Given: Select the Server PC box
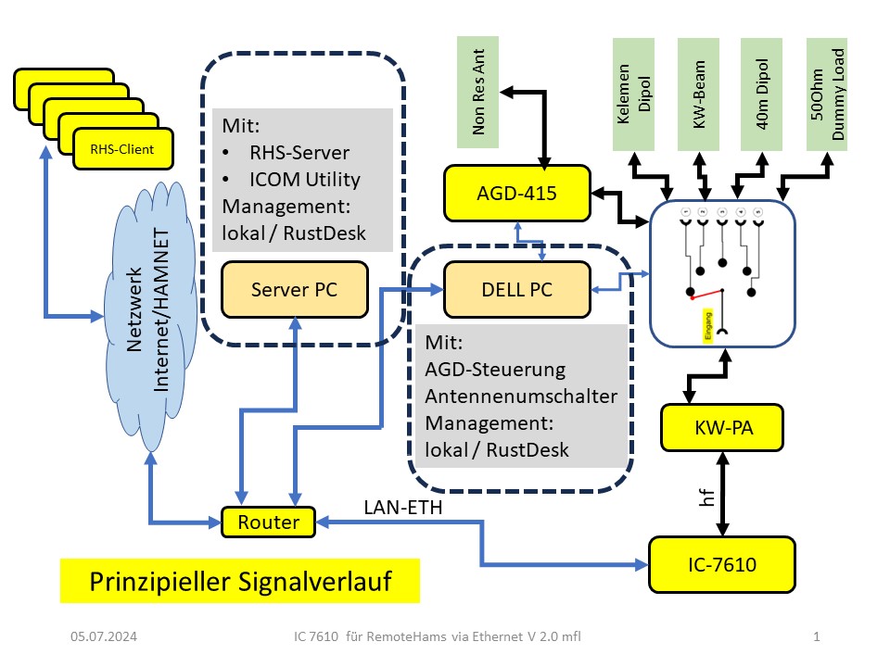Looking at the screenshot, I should coord(295,289).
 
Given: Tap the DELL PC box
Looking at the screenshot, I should coord(516,289).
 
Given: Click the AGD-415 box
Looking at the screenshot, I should coord(516,193).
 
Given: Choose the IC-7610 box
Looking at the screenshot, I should coord(722,563).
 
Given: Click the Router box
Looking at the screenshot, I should coord(269,522).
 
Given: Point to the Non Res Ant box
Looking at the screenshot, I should coord(478,94).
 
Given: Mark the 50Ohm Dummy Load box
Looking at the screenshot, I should coord(832,94).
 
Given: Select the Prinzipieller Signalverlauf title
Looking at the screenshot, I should coord(239,582).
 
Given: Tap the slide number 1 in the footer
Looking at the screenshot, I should coord(816,636).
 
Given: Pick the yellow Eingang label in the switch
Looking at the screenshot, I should coord(707,328).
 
